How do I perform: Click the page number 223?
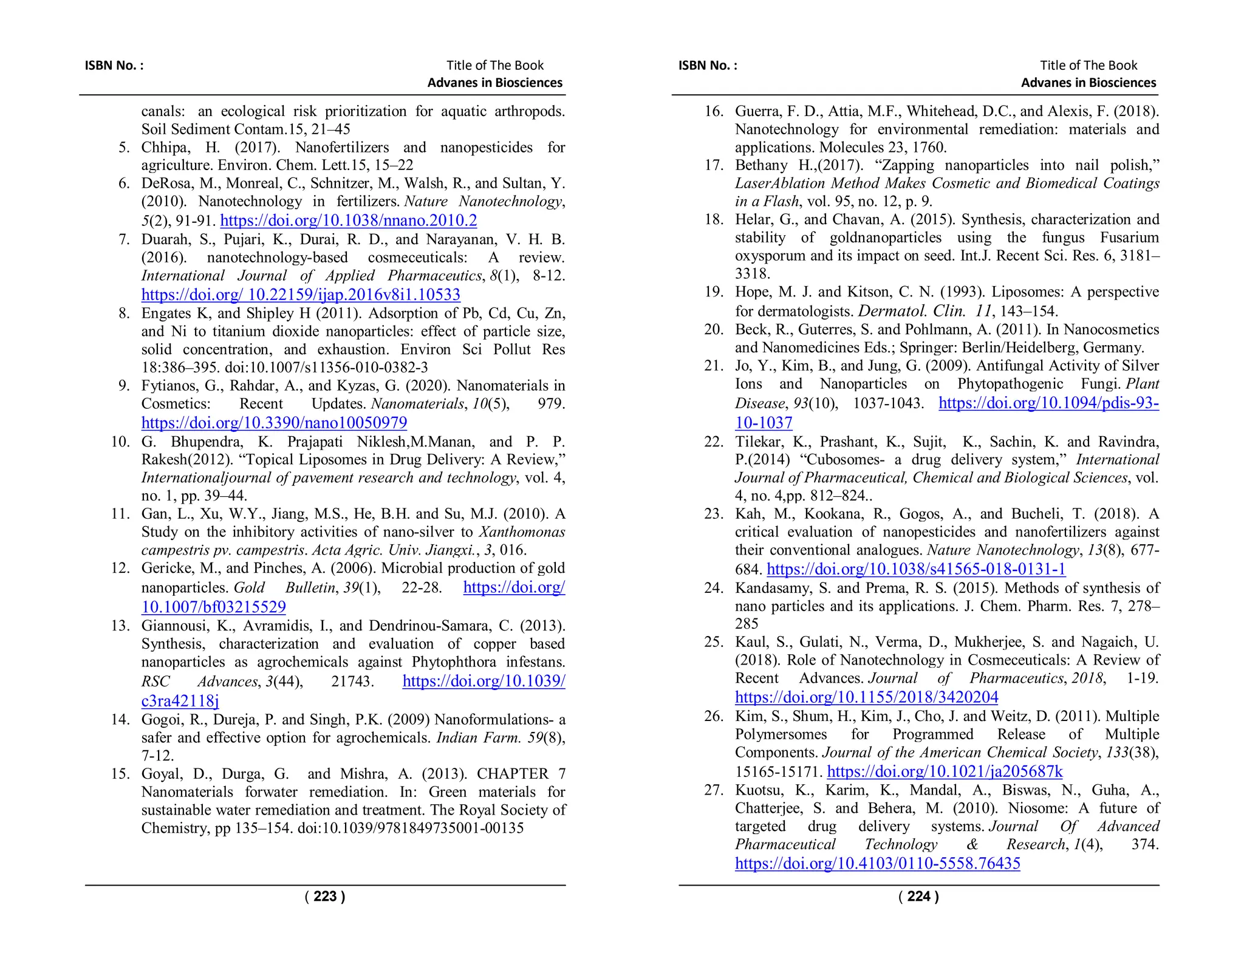(x=325, y=896)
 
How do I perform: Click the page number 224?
(x=918, y=896)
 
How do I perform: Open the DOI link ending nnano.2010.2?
(x=348, y=220)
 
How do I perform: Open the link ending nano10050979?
(x=274, y=422)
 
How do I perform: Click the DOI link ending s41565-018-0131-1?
(x=916, y=569)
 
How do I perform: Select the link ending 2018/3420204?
(x=866, y=697)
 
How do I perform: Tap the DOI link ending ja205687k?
(x=945, y=771)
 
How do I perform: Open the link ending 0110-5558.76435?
(x=877, y=863)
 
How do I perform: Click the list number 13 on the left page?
(x=120, y=626)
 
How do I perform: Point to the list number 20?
(x=714, y=329)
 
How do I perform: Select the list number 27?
(x=714, y=790)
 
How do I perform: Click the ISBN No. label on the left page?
(x=114, y=66)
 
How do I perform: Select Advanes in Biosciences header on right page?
(x=1088, y=83)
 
